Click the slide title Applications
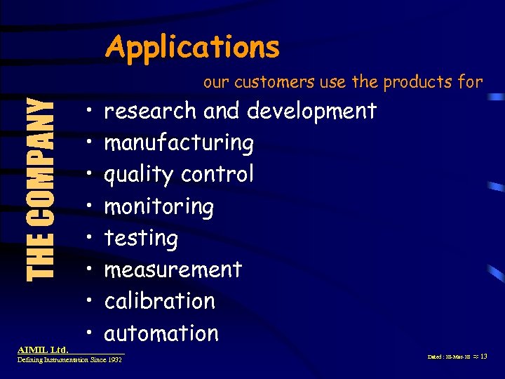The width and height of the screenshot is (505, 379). coord(192,48)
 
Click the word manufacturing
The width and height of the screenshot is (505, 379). coord(179,143)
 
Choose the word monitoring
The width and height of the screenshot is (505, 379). coord(159,207)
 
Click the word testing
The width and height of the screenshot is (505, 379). coord(141,239)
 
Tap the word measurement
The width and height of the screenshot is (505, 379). coord(173,270)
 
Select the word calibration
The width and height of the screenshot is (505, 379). coord(160,301)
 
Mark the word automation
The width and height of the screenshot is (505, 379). coord(161,333)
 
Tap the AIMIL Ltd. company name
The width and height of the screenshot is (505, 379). coord(43,349)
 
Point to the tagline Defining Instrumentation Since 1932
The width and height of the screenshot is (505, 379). coord(69,359)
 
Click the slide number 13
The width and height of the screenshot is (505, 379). coord(483,357)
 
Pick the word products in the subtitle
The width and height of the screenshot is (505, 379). coord(417,83)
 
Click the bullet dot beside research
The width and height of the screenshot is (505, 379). coord(91,110)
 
